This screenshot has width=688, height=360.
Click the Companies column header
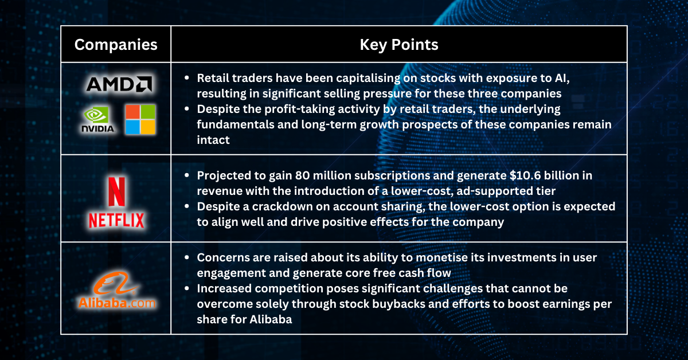(116, 45)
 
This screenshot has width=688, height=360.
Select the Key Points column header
(399, 45)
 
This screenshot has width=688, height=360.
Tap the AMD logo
(119, 84)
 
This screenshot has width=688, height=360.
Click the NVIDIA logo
(97, 119)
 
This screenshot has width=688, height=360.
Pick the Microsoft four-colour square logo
(140, 119)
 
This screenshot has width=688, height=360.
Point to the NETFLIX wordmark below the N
(116, 219)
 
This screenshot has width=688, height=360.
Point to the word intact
(213, 139)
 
